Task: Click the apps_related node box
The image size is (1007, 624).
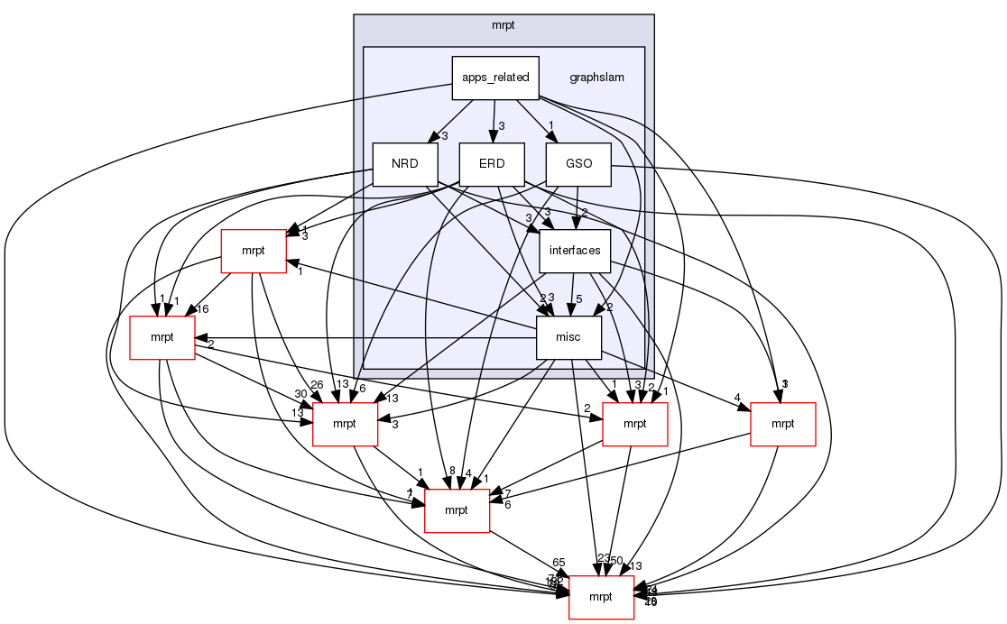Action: pos(494,78)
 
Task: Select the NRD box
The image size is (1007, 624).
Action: pos(404,164)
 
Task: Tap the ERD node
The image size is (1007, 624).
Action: pos(492,164)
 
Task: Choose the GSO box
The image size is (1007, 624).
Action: pos(578,164)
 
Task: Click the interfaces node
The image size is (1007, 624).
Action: pos(575,251)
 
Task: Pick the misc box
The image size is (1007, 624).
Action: pos(568,337)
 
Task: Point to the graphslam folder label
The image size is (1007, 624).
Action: pos(596,78)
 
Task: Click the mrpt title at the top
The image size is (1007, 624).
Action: pos(503,24)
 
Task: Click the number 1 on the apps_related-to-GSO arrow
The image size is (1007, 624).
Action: pos(550,124)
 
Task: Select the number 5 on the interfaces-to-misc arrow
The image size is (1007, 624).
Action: pos(579,298)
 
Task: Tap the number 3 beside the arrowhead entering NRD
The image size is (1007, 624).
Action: pos(444,136)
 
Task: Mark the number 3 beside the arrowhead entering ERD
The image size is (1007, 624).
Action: pos(501,125)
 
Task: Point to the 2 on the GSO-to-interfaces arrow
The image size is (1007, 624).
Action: pos(584,213)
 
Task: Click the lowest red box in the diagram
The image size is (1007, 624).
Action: pos(601,597)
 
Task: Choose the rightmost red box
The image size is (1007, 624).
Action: pos(782,424)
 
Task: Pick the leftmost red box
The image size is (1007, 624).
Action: pos(162,337)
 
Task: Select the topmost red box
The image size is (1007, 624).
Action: pos(254,251)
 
